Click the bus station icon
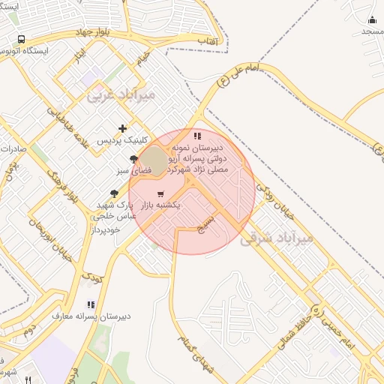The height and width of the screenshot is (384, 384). pyautogui.click(x=21, y=38)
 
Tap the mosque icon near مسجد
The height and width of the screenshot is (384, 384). pyautogui.click(x=372, y=19)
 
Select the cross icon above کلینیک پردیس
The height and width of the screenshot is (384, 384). pyautogui.click(x=122, y=128)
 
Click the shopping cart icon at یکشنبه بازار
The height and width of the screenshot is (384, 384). pyautogui.click(x=160, y=194)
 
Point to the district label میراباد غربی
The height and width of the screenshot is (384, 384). pyautogui.click(x=121, y=95)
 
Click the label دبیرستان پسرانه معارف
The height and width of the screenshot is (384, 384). pyautogui.click(x=91, y=316)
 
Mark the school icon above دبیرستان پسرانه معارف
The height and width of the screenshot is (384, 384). pyautogui.click(x=91, y=304)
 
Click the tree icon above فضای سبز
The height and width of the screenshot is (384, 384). pyautogui.click(x=133, y=159)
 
